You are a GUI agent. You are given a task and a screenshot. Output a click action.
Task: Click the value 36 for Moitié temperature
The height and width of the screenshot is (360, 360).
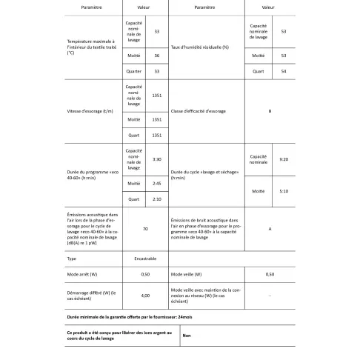coord(156,56)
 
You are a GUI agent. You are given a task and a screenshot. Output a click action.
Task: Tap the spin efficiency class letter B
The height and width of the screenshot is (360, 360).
coord(269,112)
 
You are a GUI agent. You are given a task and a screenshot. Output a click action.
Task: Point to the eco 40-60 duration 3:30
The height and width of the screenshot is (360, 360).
coord(156,160)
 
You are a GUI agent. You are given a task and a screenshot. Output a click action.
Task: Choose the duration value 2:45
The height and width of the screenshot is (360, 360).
coord(156,184)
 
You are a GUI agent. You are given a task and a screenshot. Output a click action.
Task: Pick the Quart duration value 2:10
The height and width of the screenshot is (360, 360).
coord(156,199)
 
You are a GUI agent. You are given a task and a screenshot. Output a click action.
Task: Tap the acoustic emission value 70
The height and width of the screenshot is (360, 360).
coord(147,229)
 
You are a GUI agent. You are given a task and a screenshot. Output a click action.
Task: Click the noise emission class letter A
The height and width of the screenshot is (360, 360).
coord(269,229)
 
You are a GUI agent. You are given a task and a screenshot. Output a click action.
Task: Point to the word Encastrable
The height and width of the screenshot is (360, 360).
coord(146,259)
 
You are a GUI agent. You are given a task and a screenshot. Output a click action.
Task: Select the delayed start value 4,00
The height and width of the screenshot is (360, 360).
coord(146,293)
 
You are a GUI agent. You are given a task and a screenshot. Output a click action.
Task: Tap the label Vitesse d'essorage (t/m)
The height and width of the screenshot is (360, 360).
coord(93,112)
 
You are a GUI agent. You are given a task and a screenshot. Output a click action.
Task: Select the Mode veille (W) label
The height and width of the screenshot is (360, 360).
coord(188,274)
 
